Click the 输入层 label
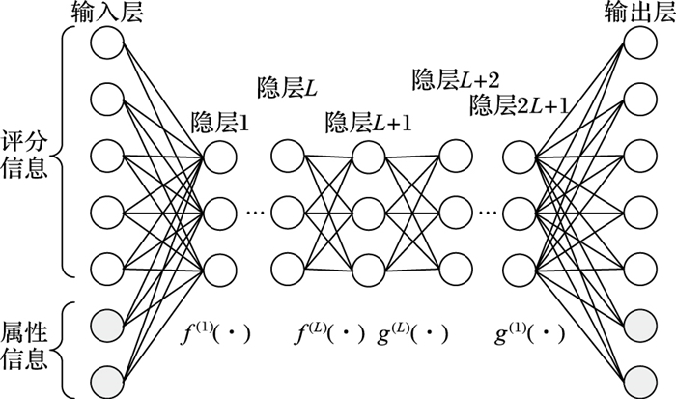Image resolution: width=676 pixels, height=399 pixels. coord(107,12)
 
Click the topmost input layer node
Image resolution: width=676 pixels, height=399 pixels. coord(108,43)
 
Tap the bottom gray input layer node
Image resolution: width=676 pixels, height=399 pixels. coord(108,377)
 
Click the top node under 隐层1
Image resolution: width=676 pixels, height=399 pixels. coord(219,154)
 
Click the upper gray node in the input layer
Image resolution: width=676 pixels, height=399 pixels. coord(108,321)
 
